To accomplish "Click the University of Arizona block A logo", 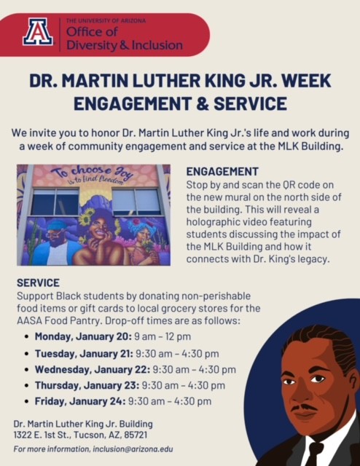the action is pos(38,32).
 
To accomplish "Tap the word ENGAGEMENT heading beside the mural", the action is pos(222,172).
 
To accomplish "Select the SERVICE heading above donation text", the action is pos(38,283).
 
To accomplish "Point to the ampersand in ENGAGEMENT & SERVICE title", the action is pos(202,103).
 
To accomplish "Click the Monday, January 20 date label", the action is pos(83,336).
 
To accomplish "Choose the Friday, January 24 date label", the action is pos(80,401).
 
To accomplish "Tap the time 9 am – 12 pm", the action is pos(163,336).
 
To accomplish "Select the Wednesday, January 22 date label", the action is pos(93,370).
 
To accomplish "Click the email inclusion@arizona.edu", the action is pos(133,449).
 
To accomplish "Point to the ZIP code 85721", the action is pos(136,435).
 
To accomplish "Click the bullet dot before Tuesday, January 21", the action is pos(27,354).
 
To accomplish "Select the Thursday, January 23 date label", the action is pos(87,386).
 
